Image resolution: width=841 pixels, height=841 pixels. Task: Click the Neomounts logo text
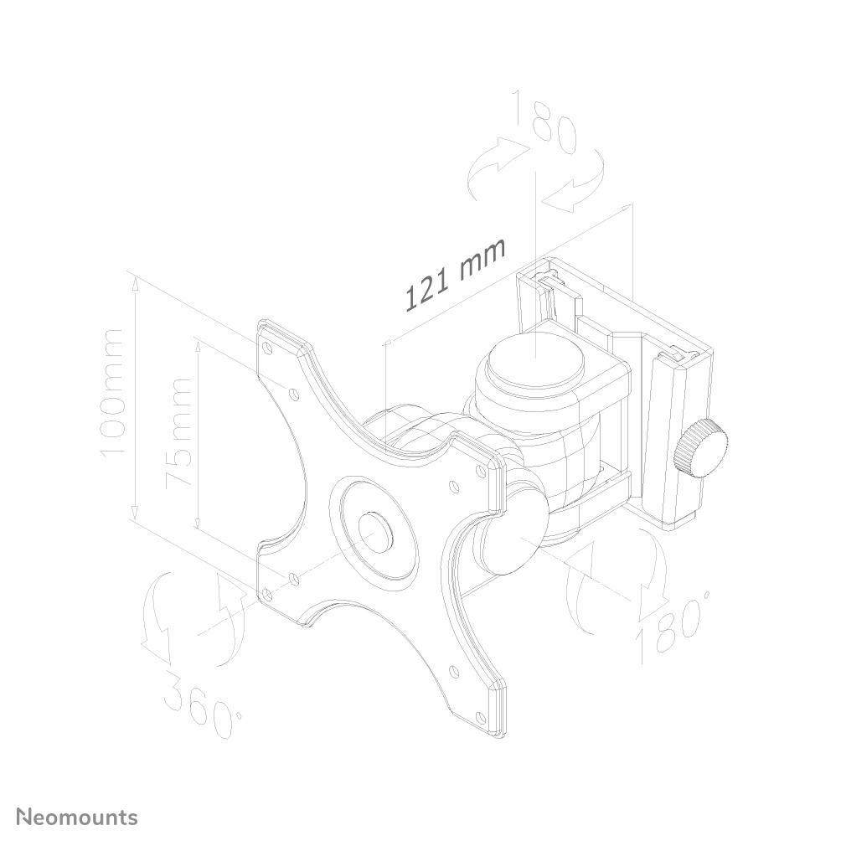coord(78,817)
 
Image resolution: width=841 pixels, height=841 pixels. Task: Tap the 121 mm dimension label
coord(457,274)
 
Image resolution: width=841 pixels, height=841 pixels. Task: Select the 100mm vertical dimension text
coord(112,393)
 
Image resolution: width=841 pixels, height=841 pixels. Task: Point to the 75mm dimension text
coord(178,433)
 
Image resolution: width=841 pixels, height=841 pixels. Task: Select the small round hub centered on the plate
coord(374,531)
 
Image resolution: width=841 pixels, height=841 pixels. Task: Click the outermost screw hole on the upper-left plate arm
coord(267,345)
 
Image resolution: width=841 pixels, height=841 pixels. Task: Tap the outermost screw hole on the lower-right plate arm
coord(481,716)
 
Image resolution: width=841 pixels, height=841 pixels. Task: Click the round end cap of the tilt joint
coord(504,541)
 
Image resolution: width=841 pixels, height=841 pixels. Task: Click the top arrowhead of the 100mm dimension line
coord(134,283)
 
